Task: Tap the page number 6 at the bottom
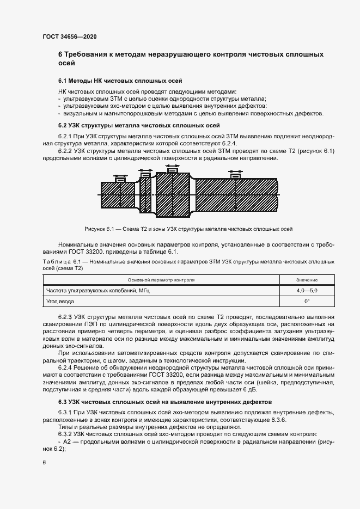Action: pyautogui.click(x=45, y=463)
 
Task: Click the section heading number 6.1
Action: pyautogui.click(x=63, y=80)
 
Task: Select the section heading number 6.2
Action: pyautogui.click(x=63, y=125)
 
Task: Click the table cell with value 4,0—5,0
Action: pyautogui.click(x=307, y=291)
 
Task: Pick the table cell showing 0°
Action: pyautogui.click(x=307, y=301)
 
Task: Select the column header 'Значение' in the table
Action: pyautogui.click(x=307, y=280)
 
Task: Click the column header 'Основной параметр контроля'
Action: pyautogui.click(x=161, y=280)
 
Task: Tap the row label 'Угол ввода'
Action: pyautogui.click(x=60, y=301)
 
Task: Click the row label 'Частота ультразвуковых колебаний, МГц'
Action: pyautogui.click(x=98, y=291)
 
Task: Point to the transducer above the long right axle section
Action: pyautogui.click(x=236, y=176)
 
